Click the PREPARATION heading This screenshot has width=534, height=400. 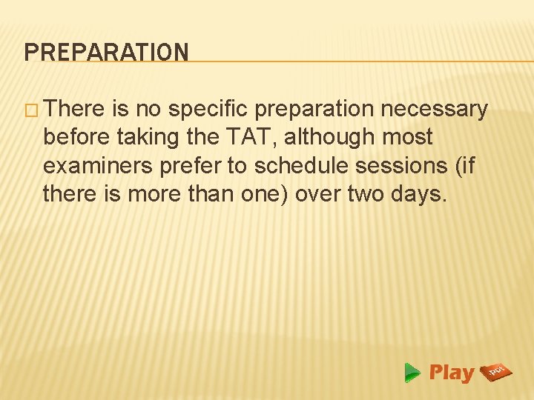(x=106, y=53)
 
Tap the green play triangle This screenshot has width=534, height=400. (x=413, y=373)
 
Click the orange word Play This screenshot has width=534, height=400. (x=451, y=373)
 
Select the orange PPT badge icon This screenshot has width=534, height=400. (x=495, y=372)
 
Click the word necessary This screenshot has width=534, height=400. (x=434, y=110)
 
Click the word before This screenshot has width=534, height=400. (x=74, y=137)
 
